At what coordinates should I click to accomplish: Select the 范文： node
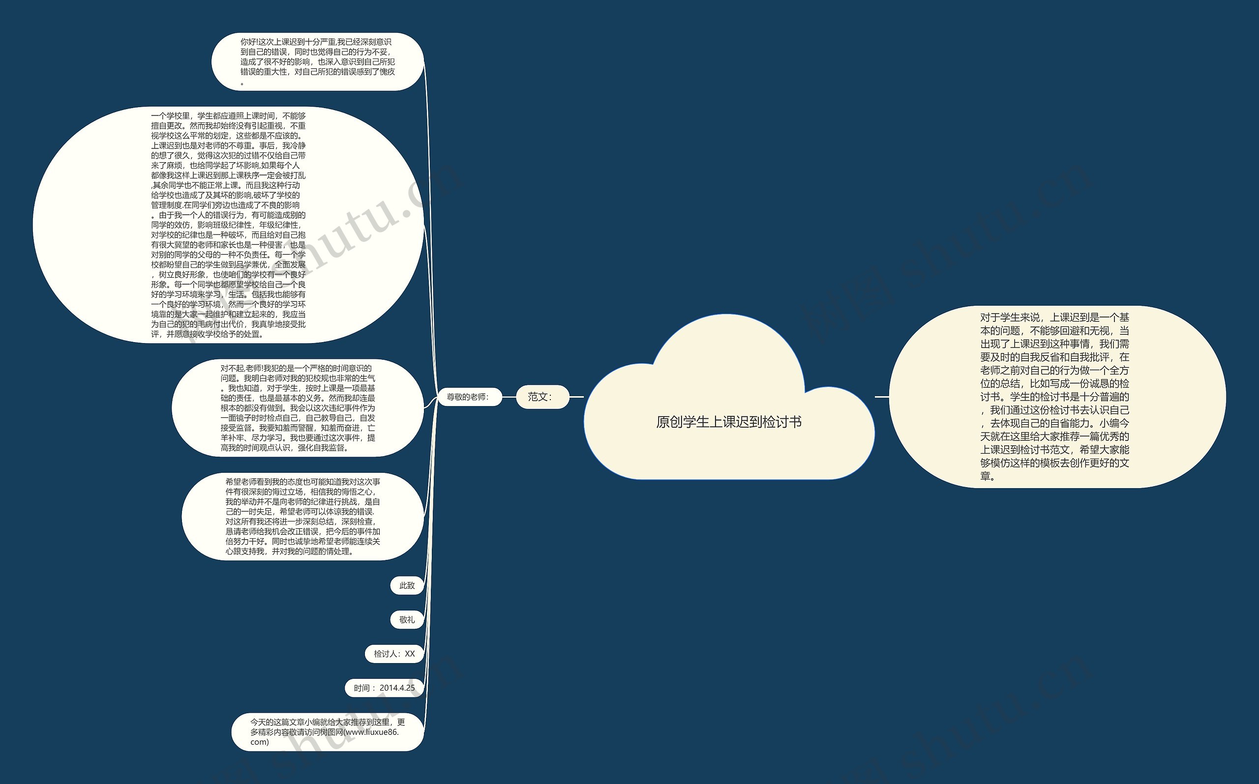coord(542,397)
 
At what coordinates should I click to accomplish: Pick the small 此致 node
coord(407,585)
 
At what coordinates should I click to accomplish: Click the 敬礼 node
coord(407,620)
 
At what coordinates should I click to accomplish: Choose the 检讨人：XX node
coord(394,654)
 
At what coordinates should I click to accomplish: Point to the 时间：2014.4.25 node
coord(384,688)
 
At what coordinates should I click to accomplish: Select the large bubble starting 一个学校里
coord(228,225)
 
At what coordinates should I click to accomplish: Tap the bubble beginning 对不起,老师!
coord(298,407)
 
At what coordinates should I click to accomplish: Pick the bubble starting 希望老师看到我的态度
coord(302,517)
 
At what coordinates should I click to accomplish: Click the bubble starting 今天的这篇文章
coord(328,731)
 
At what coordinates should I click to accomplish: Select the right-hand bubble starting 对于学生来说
coord(1056,397)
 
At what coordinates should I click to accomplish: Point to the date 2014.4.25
coord(397,688)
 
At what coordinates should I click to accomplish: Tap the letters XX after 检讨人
coord(410,654)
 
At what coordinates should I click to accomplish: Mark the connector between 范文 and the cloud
coord(577,397)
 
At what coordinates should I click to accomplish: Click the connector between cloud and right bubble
coord(882,397)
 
